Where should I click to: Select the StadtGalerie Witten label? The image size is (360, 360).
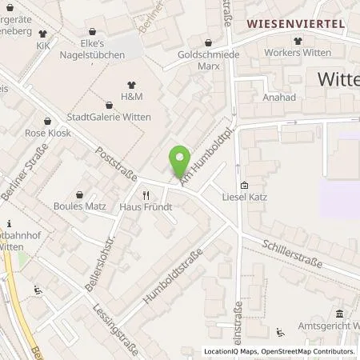(110, 115)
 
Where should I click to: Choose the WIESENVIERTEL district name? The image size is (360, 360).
(295, 24)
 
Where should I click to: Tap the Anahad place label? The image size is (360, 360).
(278, 98)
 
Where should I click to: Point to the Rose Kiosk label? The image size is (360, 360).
(47, 132)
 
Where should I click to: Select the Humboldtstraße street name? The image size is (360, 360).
(170, 277)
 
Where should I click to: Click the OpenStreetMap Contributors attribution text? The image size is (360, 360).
(308, 351)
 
